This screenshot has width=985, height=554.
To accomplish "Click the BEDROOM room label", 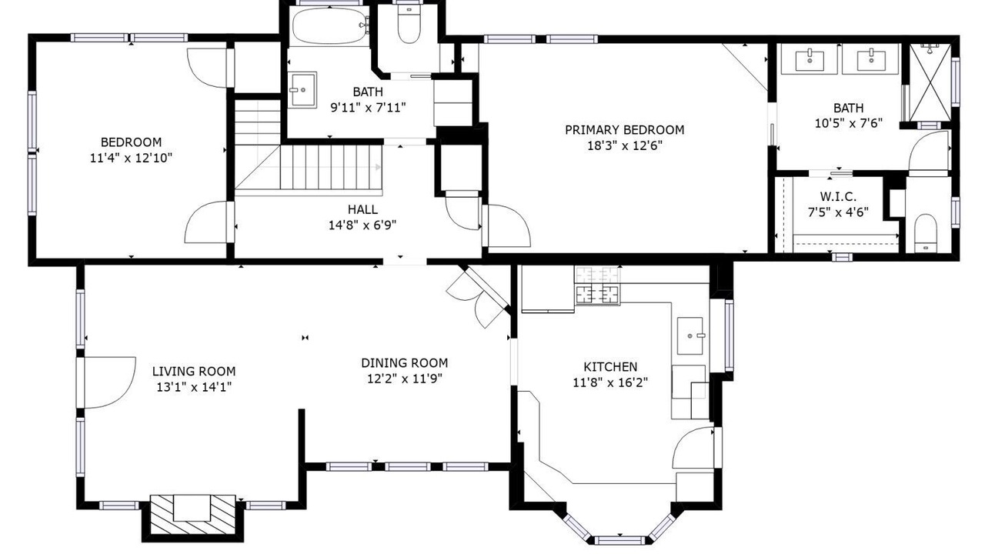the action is click(131, 142).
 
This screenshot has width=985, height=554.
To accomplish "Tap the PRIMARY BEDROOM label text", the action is click(624, 130).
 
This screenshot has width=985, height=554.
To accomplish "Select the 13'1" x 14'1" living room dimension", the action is click(194, 387).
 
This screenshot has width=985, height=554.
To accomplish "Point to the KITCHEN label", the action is click(610, 367).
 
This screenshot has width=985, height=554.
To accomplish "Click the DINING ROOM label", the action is click(405, 362).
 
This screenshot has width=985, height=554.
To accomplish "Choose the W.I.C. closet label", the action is click(838, 196).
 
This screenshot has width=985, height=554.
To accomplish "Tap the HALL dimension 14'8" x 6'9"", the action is click(362, 225).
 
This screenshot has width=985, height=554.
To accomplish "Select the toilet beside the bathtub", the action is click(409, 23).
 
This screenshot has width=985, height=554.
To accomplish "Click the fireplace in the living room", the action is click(192, 515).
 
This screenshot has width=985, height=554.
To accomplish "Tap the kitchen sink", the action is click(690, 336).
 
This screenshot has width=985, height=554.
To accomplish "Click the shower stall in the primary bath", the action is click(929, 82).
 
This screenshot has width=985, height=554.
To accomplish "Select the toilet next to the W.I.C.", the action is click(926, 233).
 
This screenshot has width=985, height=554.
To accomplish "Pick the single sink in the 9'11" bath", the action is click(302, 90).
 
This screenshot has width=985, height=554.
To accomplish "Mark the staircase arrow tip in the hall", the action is click(379, 167).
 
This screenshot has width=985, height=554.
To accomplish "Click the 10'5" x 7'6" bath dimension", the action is click(849, 123).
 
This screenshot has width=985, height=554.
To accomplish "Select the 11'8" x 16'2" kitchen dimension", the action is click(610, 382).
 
